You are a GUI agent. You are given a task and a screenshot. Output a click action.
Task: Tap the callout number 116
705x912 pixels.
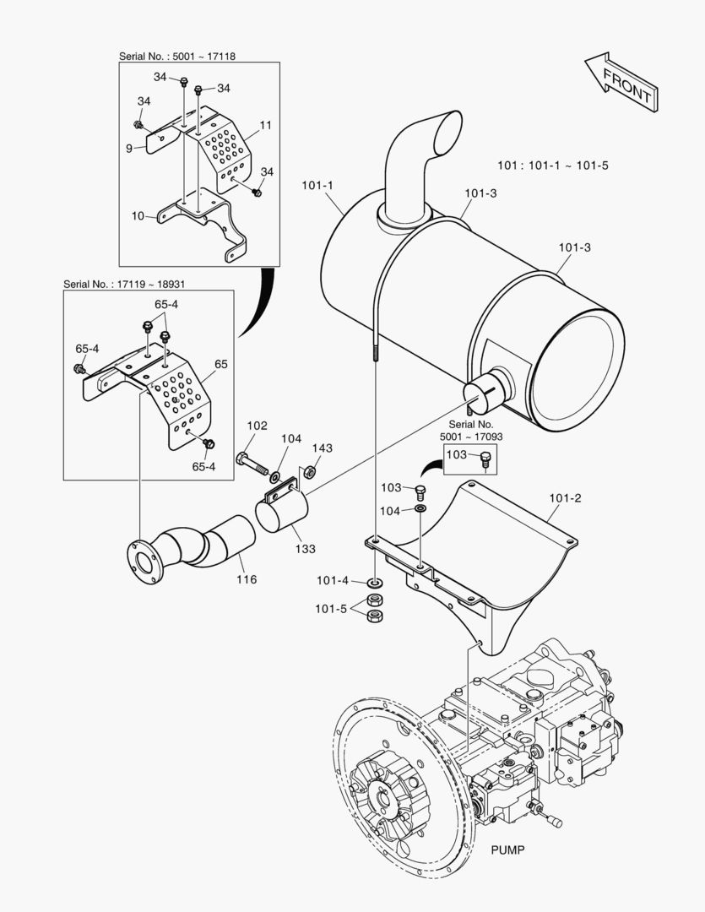247,579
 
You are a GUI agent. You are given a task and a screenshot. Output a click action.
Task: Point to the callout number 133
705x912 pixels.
305,549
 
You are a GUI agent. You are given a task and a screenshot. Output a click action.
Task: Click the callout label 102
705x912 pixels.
257,426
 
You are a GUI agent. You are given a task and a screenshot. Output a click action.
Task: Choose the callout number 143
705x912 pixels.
323,448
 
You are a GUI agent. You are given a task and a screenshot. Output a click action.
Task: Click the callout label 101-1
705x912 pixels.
317,183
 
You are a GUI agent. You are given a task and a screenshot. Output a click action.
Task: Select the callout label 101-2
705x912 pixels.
565,498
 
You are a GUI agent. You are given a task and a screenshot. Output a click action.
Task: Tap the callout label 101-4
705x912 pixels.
333,581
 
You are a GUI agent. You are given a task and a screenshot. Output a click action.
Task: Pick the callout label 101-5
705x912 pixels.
333,608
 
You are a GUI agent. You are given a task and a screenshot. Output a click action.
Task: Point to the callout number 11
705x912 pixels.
265,125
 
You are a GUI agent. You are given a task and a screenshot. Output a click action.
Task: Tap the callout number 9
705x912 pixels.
129,148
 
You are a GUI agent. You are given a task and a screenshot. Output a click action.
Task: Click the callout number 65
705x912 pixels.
221,364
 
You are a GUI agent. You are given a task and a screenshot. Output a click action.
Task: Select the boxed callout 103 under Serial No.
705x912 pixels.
457,454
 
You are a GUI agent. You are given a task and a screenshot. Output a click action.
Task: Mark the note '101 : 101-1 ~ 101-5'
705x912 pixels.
553,165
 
